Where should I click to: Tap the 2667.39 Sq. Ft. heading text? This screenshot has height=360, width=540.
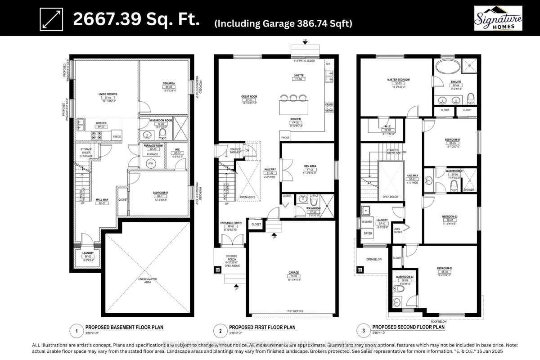(x=137, y=20)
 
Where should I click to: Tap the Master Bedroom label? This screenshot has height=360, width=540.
(x=398, y=80)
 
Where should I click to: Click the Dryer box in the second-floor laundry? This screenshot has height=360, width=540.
(x=368, y=234)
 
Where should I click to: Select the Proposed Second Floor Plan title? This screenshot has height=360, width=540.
(x=409, y=327)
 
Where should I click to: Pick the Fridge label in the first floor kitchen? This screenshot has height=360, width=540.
(x=285, y=137)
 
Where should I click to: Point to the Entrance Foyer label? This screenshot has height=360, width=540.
(x=232, y=222)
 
